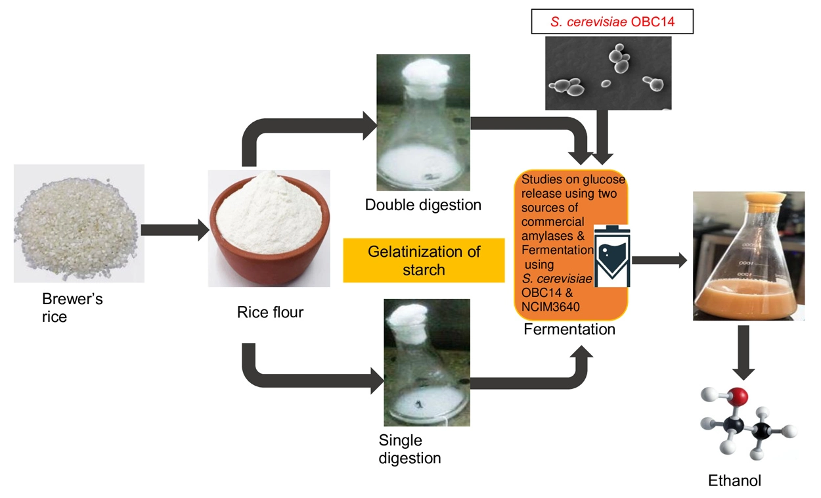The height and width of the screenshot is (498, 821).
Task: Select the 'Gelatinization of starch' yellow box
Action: (424, 260)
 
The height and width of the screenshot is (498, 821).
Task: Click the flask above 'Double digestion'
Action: (422, 125)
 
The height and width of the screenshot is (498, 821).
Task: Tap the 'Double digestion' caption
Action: (423, 205)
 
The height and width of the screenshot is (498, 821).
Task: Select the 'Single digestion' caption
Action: (409, 449)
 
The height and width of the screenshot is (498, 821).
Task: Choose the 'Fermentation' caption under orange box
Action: (569, 329)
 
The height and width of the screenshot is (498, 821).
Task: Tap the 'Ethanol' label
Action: (734, 481)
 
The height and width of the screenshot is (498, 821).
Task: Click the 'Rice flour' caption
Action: (270, 312)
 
